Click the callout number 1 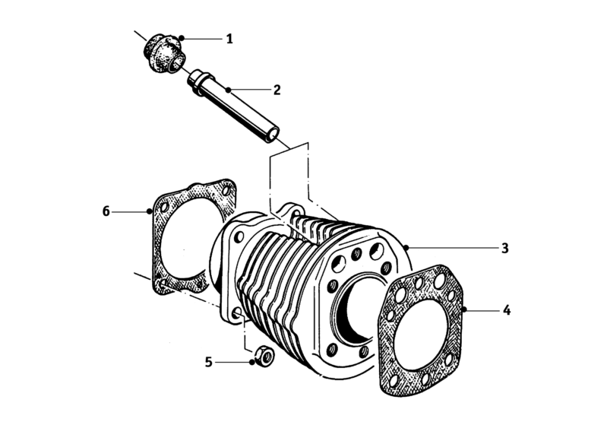[x=229, y=38]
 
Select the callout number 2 [x=277, y=90]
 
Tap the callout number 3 [x=504, y=248]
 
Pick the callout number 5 [x=208, y=362]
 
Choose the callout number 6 [x=106, y=210]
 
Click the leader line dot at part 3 [x=407, y=248]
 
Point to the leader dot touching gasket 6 [x=150, y=211]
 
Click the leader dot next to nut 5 [x=251, y=362]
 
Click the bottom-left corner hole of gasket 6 [x=163, y=285]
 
